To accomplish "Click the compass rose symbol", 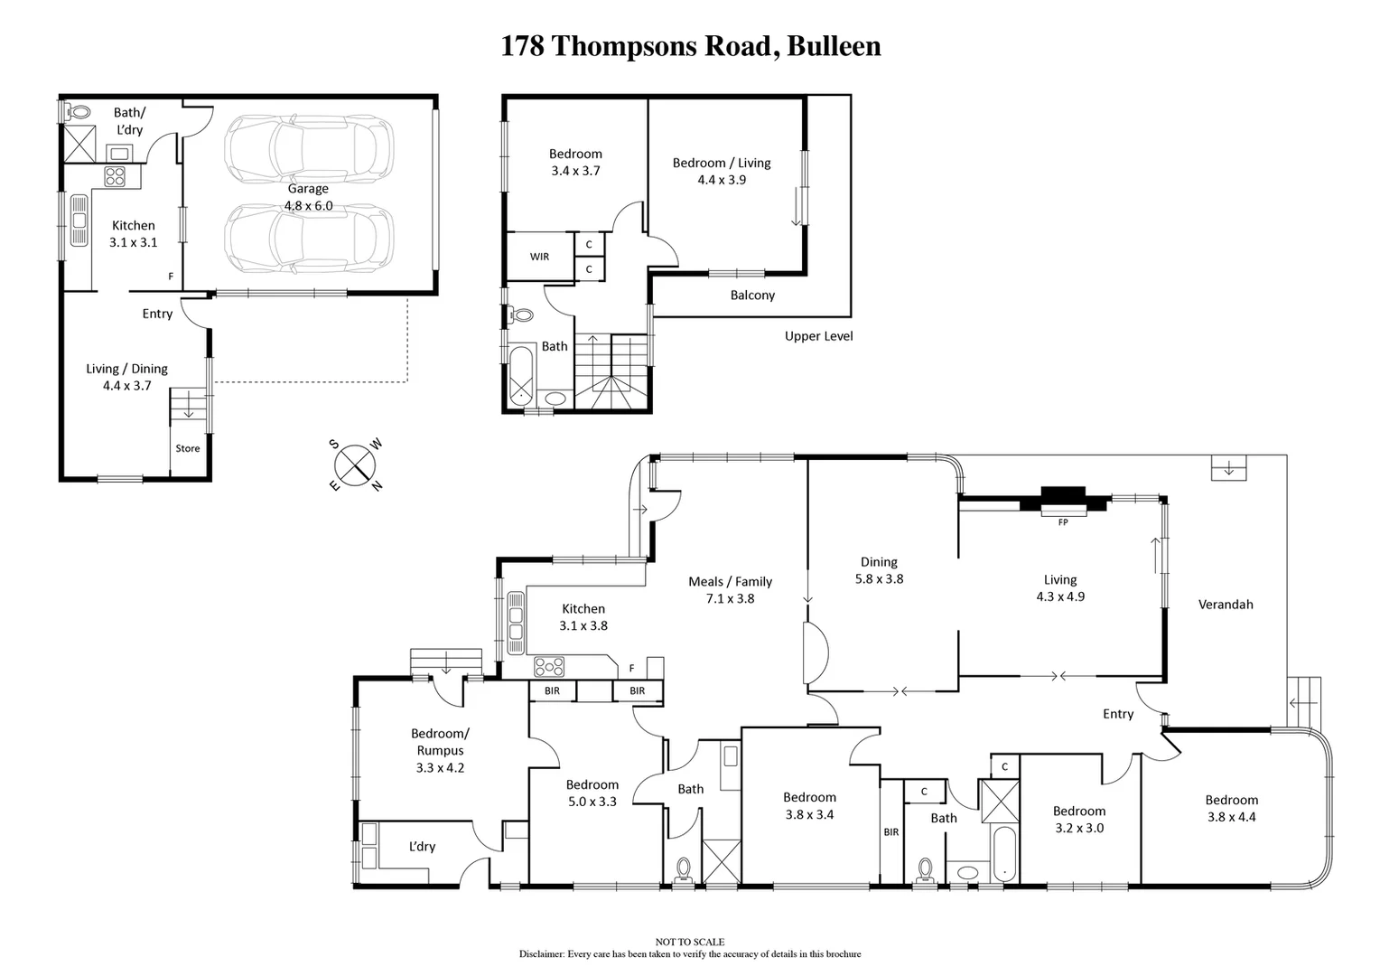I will point(355,465).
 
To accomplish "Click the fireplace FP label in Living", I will point(1062,521).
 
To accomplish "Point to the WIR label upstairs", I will point(539,257).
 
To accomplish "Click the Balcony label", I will point(752,296).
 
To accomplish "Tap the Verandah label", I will point(1226,605).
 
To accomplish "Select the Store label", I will point(188,448).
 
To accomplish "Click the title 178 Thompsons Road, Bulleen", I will point(691,46).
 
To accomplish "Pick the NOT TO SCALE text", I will point(690,942).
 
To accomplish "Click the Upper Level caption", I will point(818,336).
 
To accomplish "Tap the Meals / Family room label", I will point(730,590).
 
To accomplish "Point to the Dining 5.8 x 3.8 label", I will point(879,570).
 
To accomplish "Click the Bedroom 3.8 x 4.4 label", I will point(1231,808).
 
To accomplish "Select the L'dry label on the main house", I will point(422,847).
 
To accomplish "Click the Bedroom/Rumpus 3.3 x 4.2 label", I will point(440,750).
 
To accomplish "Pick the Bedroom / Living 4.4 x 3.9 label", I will point(722,171).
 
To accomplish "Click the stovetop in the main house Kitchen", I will point(549,667).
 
